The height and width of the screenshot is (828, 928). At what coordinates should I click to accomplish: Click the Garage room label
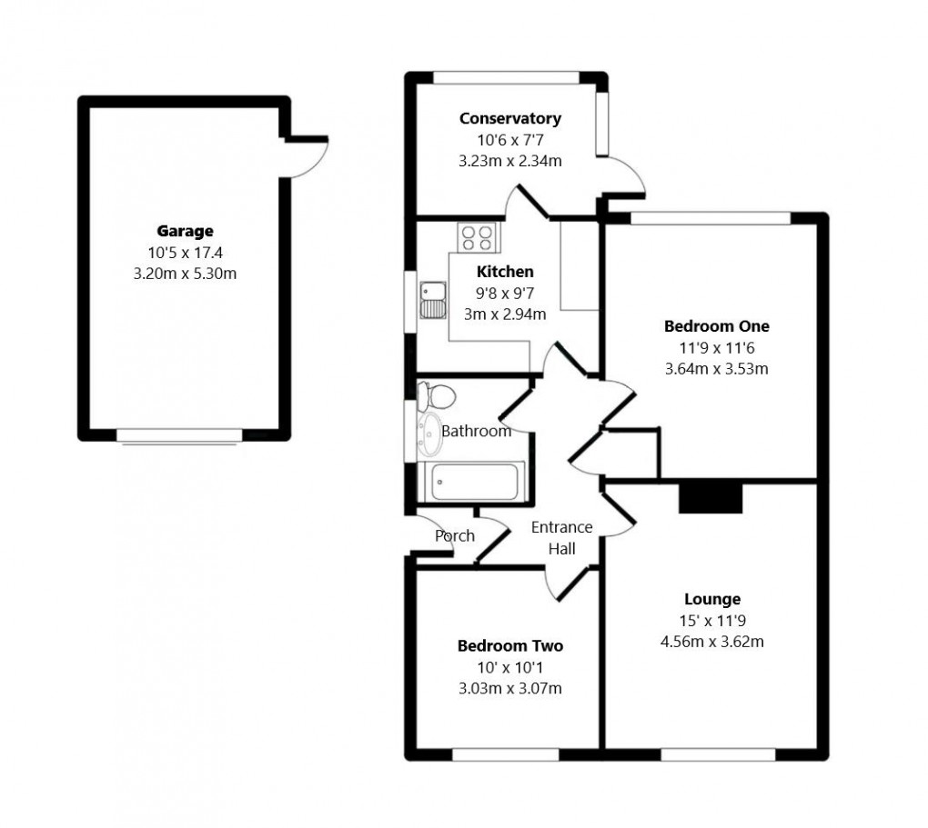point(185,232)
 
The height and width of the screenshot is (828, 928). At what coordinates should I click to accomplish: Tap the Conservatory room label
point(509,118)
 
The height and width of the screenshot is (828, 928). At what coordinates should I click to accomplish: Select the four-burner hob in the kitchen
point(478,238)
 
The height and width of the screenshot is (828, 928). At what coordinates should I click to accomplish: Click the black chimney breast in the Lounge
point(711,498)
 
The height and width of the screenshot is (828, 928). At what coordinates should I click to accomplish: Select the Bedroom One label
point(716,326)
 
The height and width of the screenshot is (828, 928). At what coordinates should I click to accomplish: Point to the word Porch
point(454,536)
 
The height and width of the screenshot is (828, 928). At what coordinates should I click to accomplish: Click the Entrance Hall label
point(561,537)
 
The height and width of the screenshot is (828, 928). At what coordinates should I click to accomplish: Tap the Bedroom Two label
point(509,646)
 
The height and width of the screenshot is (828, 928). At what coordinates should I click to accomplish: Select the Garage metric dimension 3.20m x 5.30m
point(185,273)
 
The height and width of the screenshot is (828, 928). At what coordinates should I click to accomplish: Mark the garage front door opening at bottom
point(179,436)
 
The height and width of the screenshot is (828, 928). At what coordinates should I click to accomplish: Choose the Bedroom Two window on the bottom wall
point(506,753)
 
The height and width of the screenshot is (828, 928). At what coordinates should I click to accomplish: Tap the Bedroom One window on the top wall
point(710,218)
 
